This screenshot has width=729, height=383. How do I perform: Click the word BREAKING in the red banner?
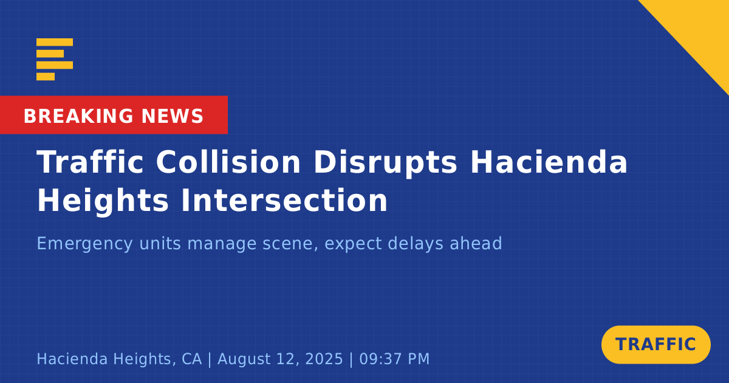(78, 116)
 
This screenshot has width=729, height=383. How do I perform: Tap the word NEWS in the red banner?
(173, 116)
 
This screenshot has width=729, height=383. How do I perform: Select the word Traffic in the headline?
(90, 162)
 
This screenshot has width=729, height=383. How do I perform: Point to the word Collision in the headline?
(228, 162)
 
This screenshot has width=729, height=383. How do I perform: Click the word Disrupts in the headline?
(385, 163)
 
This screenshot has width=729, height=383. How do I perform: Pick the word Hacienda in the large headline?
(549, 162)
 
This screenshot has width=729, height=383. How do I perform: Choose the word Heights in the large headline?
(103, 201)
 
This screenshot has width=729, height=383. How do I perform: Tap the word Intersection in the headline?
(284, 200)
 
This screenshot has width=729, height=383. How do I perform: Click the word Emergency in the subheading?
(84, 244)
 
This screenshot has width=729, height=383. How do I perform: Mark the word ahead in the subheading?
(476, 243)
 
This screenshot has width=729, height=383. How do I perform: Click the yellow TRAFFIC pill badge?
(655, 345)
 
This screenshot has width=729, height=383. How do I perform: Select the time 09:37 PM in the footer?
(394, 359)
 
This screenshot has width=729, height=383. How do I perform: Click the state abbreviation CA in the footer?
(192, 359)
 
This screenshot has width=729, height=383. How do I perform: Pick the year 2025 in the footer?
(324, 359)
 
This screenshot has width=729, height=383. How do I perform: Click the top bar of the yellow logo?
(55, 42)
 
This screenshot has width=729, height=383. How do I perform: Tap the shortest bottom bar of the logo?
(46, 76)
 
